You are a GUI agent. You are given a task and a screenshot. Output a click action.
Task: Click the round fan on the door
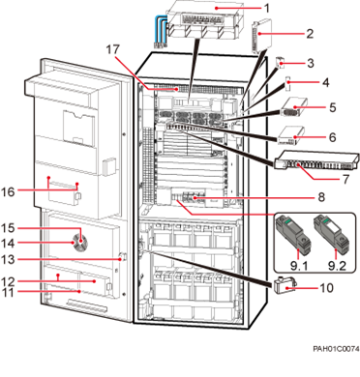click(x=80, y=238)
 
